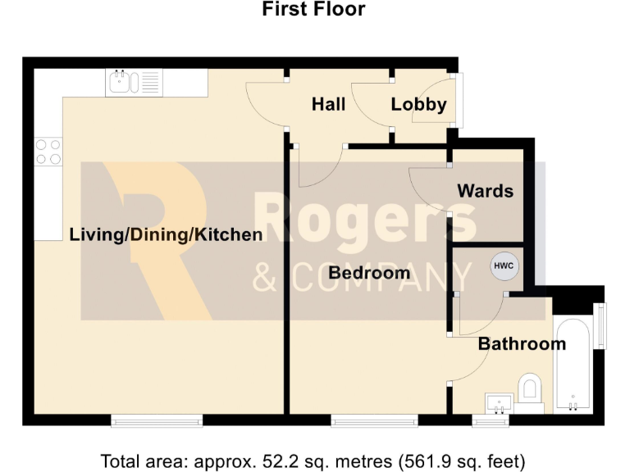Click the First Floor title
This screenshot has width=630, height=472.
tap(313, 10)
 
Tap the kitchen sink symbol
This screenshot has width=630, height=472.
tap(133, 83)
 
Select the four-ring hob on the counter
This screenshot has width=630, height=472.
tap(48, 151)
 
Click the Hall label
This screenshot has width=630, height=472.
tap(328, 104)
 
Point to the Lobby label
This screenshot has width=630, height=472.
tap(418, 104)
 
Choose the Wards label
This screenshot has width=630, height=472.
tap(485, 191)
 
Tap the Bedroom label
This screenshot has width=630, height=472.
tap(369, 273)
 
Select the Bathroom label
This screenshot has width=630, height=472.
tap(522, 343)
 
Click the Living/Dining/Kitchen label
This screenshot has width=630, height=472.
tap(166, 235)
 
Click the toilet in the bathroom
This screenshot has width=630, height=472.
tap(530, 388)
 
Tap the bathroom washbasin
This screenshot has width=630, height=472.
tap(499, 402)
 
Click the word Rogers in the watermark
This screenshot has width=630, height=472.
tap(365, 220)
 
